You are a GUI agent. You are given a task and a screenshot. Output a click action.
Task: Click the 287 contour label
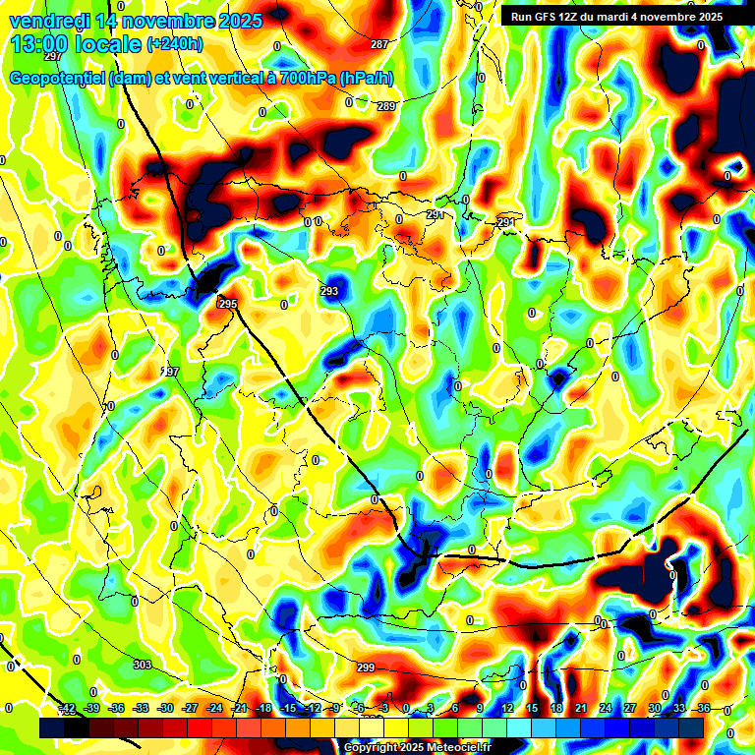coord(379,44)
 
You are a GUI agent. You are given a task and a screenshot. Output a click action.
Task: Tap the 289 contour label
coord(386,106)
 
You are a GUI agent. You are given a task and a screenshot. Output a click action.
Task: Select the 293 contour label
coord(329,291)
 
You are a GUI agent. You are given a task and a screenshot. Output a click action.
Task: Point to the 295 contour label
coord(227,305)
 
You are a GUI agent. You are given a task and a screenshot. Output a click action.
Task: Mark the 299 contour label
coord(366,668)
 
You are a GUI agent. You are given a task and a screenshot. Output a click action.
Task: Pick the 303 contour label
coord(143,665)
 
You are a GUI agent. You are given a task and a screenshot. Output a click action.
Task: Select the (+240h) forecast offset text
coord(175,44)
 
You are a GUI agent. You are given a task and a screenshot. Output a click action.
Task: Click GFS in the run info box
coord(554,17)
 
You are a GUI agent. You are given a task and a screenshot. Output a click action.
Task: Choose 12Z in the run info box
coord(580,17)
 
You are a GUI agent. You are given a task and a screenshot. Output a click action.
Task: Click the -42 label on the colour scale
coord(67,708)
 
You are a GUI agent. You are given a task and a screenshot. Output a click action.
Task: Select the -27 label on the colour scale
coord(190,708)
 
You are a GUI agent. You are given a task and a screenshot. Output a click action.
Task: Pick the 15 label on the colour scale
coord(531,708)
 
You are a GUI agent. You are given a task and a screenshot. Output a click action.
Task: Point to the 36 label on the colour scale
coord(703,708)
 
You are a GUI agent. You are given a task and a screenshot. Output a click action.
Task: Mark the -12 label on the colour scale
coord(313,708)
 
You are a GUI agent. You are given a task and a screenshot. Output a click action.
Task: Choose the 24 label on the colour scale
coord(605,708)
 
